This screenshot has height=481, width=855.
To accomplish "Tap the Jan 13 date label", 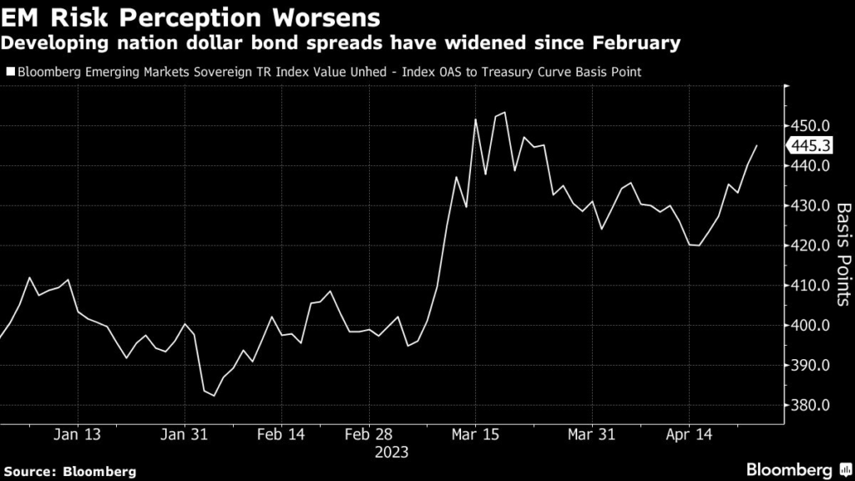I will pos(78,434).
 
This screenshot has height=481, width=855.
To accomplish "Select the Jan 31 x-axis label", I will pos(184,434).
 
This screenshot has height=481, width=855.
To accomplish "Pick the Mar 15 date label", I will pos(473,434).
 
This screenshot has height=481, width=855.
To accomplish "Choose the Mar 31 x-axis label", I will pos(591,434).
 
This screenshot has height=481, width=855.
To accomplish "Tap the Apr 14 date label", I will pos(690,434).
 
